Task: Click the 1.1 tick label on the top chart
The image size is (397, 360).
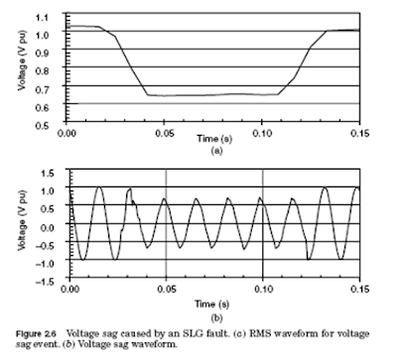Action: tap(42, 17)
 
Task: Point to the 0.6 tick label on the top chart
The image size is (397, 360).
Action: tap(42, 107)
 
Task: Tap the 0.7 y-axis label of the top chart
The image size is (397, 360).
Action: tap(42, 89)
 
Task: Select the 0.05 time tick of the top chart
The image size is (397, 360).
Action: tap(164, 133)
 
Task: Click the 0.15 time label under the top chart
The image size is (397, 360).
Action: tap(360, 133)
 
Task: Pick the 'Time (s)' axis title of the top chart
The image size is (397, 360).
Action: tap(214, 139)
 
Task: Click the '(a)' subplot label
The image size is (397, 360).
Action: tap(216, 151)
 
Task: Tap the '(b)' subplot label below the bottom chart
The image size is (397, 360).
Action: tap(216, 318)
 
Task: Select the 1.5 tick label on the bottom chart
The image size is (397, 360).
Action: tap(48, 174)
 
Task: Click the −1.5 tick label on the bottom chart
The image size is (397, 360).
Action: tap(45, 282)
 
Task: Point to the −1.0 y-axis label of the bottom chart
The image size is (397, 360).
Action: tap(45, 263)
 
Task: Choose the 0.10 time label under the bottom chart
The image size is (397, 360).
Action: tap(263, 290)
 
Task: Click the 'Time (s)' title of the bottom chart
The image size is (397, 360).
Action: tap(211, 303)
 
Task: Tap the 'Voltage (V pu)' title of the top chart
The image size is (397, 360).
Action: tap(22, 60)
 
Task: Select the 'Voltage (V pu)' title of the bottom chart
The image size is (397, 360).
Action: tap(22, 220)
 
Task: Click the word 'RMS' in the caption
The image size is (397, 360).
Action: tap(259, 333)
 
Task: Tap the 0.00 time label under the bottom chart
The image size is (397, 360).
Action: tap(70, 290)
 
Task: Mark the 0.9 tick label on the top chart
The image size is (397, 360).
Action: tap(42, 53)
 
